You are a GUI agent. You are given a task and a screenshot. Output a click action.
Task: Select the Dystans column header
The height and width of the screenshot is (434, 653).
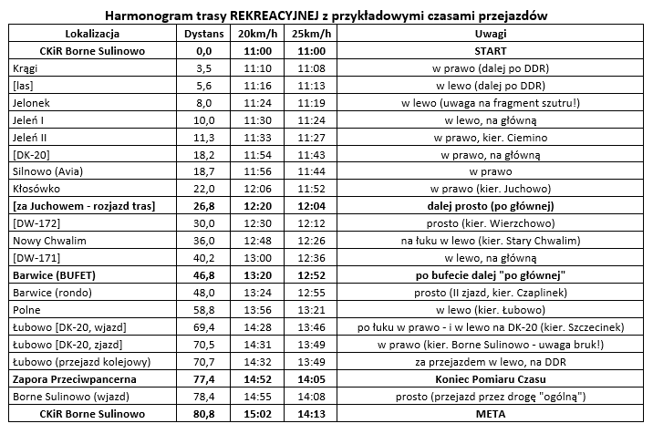203,34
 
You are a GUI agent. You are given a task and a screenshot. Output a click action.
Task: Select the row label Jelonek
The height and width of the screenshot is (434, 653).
33,103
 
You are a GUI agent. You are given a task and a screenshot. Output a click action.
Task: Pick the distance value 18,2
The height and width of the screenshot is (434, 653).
203,155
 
